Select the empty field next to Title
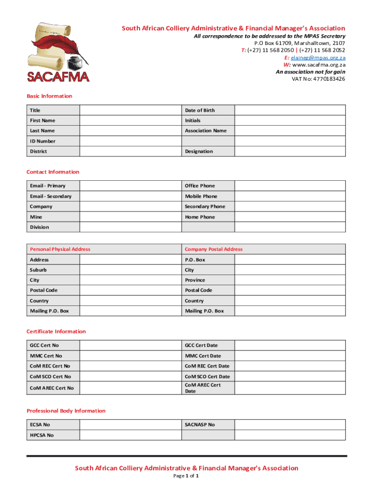tap(130, 110)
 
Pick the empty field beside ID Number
tap(130, 141)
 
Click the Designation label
tap(199, 151)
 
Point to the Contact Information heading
tap(53, 172)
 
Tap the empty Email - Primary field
tap(130, 186)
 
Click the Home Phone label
tap(200, 217)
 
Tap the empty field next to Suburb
tap(130, 270)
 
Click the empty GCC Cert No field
tap(130, 345)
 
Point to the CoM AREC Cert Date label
tap(202, 388)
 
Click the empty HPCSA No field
tap(130, 435)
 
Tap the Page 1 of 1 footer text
tap(186, 476)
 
